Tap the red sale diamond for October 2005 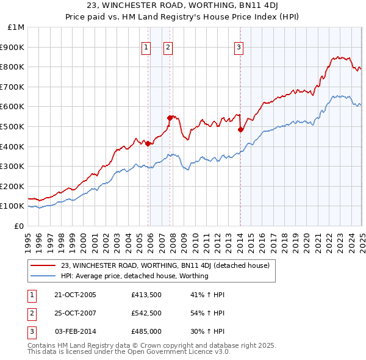pyautogui.click(x=148, y=143)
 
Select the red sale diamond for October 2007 pyautogui.click(x=170, y=117)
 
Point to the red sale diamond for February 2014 pyautogui.click(x=240, y=129)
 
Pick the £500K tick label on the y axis pyautogui.click(x=13, y=126)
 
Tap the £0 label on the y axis pyautogui.click(x=19, y=226)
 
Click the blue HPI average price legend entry pyautogui.click(x=135, y=276)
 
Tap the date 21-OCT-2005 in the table pyautogui.click(x=76, y=295)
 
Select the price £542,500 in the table pyautogui.click(x=146, y=314)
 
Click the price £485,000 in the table pyautogui.click(x=146, y=331)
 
